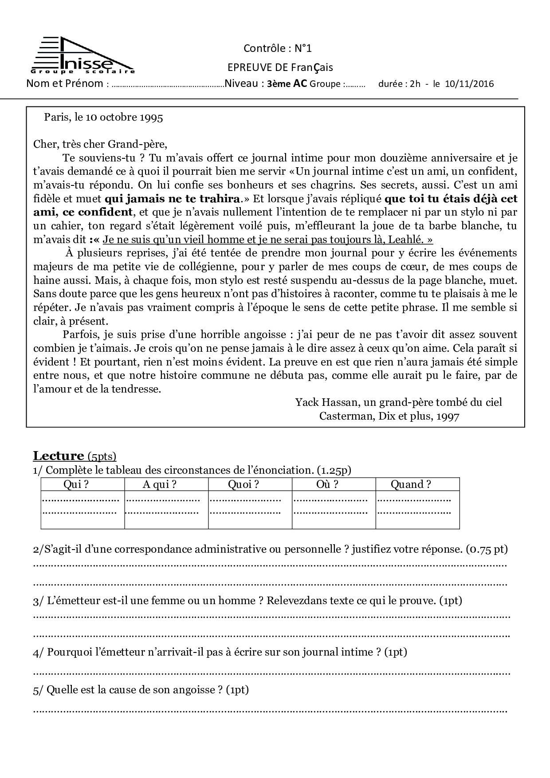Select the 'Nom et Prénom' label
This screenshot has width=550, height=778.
[x=65, y=83]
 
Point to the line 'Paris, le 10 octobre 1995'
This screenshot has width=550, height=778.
[x=103, y=117]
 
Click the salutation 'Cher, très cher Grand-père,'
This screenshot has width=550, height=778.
[x=100, y=144]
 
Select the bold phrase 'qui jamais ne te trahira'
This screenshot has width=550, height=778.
[x=172, y=199]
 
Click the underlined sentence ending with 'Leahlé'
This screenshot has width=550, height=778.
[x=267, y=240]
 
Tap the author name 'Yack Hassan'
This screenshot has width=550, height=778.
[x=326, y=402]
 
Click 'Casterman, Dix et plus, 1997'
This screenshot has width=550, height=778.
[x=389, y=416]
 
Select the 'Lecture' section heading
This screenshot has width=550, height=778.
[x=59, y=456]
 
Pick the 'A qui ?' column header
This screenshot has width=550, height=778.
[x=159, y=484]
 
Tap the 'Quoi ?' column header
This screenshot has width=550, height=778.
[x=243, y=484]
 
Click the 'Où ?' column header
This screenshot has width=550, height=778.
[x=327, y=484]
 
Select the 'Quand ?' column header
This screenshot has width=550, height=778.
[x=410, y=484]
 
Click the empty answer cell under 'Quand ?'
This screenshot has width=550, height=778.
[x=417, y=510]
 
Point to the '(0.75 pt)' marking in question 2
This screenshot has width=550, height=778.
[x=487, y=549]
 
